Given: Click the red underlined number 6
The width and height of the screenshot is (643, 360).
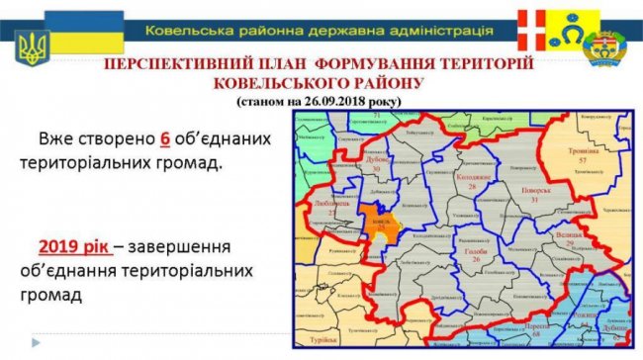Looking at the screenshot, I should click(165, 137).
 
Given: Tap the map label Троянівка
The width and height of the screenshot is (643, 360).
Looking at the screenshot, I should click(583, 149).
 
